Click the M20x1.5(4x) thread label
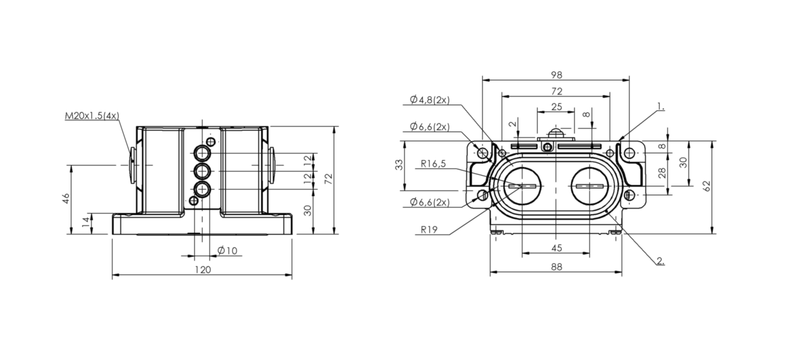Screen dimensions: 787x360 (92, 116)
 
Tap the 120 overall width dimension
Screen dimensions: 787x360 (202, 270)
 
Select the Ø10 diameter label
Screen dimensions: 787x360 (228, 250)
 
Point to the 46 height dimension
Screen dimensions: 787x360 (66, 199)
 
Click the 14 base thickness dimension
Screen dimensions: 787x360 (86, 222)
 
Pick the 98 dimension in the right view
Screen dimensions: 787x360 (557, 75)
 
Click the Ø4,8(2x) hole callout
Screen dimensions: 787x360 (429, 100)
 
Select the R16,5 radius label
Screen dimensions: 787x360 (433, 164)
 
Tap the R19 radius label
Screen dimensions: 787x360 (429, 229)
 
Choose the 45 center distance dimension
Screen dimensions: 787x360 (557, 248)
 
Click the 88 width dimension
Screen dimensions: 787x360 (557, 267)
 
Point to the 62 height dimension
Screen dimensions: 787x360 (707, 185)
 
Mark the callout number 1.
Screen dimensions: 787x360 (661, 106)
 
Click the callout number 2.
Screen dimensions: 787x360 (660, 261)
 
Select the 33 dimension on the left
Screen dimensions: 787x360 (399, 165)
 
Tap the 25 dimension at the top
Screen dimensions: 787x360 (557, 107)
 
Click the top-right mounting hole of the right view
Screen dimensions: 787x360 (630, 153)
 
